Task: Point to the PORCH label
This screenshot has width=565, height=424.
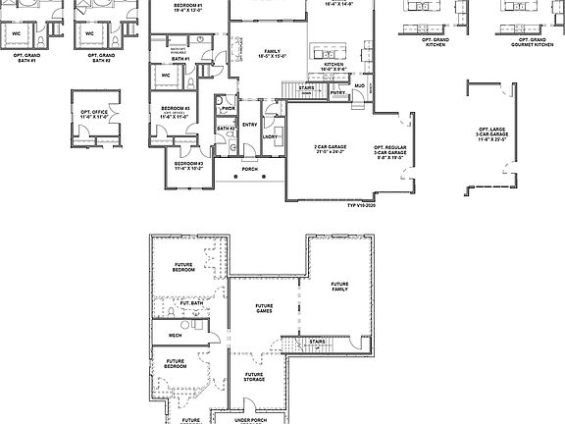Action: pyautogui.click(x=250, y=169)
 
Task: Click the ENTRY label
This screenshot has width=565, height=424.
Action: pyautogui.click(x=250, y=124)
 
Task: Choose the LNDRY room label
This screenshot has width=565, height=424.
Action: pyautogui.click(x=270, y=136)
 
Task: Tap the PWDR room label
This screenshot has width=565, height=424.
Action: pyautogui.click(x=229, y=109)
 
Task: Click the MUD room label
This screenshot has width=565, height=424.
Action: pyautogui.click(x=359, y=86)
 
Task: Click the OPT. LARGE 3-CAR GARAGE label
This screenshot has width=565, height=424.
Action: pyautogui.click(x=491, y=132)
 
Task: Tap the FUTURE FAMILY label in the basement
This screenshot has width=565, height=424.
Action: pyautogui.click(x=339, y=287)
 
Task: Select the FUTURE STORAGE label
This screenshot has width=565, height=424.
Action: pyautogui.click(x=254, y=376)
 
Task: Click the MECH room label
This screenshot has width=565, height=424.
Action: pyautogui.click(x=175, y=336)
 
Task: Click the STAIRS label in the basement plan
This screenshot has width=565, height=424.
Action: pyautogui.click(x=317, y=342)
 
